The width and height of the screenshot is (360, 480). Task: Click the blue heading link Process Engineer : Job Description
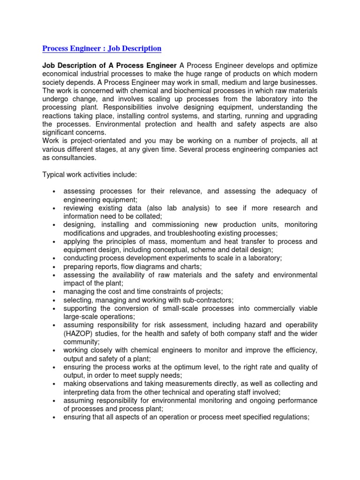pos(102,48)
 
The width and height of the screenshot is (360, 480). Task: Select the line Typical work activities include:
pos(90,175)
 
